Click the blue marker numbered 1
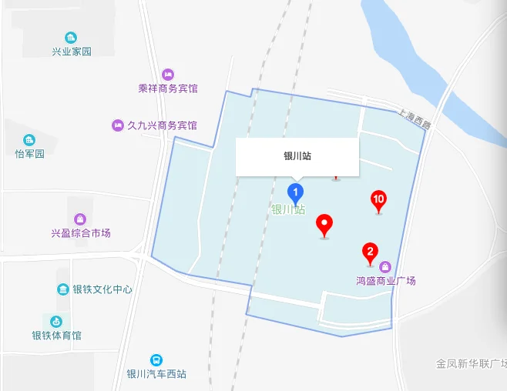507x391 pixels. coord(295,192)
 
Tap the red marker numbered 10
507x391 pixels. coord(378,200)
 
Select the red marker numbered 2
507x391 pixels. coord(370,252)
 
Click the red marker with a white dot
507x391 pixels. coord(325,225)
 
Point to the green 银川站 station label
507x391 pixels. coord(287,209)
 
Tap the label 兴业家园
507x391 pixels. coord(71,52)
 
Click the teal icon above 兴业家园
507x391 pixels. coord(71,38)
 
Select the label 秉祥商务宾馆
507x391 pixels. coord(168,89)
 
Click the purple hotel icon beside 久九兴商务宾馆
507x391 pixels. coord(118,125)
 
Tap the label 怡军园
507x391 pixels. coord(30,153)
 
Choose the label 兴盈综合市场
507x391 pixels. coord(81,232)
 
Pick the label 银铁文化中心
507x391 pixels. coord(102,290)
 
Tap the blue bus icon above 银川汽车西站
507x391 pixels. coord(156,360)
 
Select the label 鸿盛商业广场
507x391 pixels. coord(385,280)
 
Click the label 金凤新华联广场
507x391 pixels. coord(471,363)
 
